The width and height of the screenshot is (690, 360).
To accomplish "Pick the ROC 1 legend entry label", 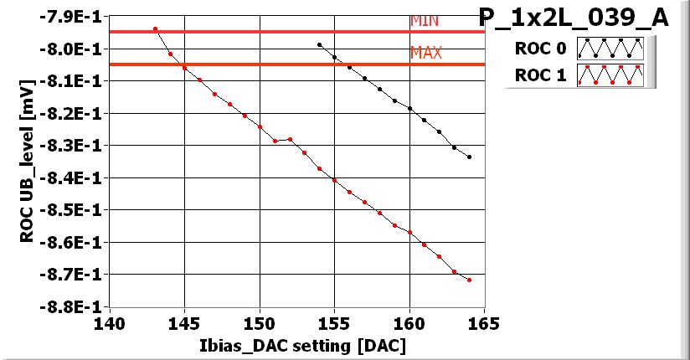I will pos(540,75).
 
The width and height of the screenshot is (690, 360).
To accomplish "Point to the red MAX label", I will pos(425,54).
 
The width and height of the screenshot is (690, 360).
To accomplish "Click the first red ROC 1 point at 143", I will pos(155,29).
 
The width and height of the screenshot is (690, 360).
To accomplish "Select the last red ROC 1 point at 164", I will pos(470,280).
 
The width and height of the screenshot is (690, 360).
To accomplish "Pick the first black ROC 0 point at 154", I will pos(320,44).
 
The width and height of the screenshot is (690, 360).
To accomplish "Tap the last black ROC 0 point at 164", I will pos(470,157).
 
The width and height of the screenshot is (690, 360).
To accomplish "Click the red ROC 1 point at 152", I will pos(290,139).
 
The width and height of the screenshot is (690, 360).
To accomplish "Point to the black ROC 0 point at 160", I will pos(409,108).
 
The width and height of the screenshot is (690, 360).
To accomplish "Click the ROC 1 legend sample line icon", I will pos(609,75).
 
